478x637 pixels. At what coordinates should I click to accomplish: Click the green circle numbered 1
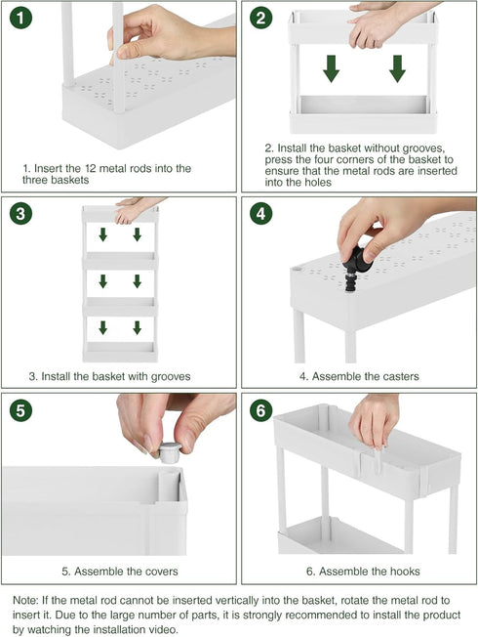[x=20, y=18]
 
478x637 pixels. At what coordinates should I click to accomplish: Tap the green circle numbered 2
[x=260, y=18]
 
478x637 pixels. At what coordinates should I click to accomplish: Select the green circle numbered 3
[x=20, y=213]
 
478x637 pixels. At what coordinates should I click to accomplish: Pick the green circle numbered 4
[x=260, y=213]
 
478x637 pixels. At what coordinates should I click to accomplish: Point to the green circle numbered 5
[x=20, y=410]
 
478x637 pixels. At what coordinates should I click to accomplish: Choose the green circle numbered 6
[x=260, y=410]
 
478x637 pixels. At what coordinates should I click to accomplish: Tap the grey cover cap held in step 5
[x=170, y=452]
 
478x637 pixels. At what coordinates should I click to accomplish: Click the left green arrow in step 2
[x=331, y=68]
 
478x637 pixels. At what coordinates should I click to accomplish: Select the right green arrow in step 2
[x=397, y=68]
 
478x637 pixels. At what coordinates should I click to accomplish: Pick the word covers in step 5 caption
[x=157, y=572]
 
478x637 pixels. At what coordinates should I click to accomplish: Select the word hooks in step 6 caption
[x=403, y=572]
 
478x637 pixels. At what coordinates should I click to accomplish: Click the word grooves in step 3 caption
[x=171, y=377]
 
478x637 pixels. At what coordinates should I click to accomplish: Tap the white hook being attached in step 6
[x=378, y=460]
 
